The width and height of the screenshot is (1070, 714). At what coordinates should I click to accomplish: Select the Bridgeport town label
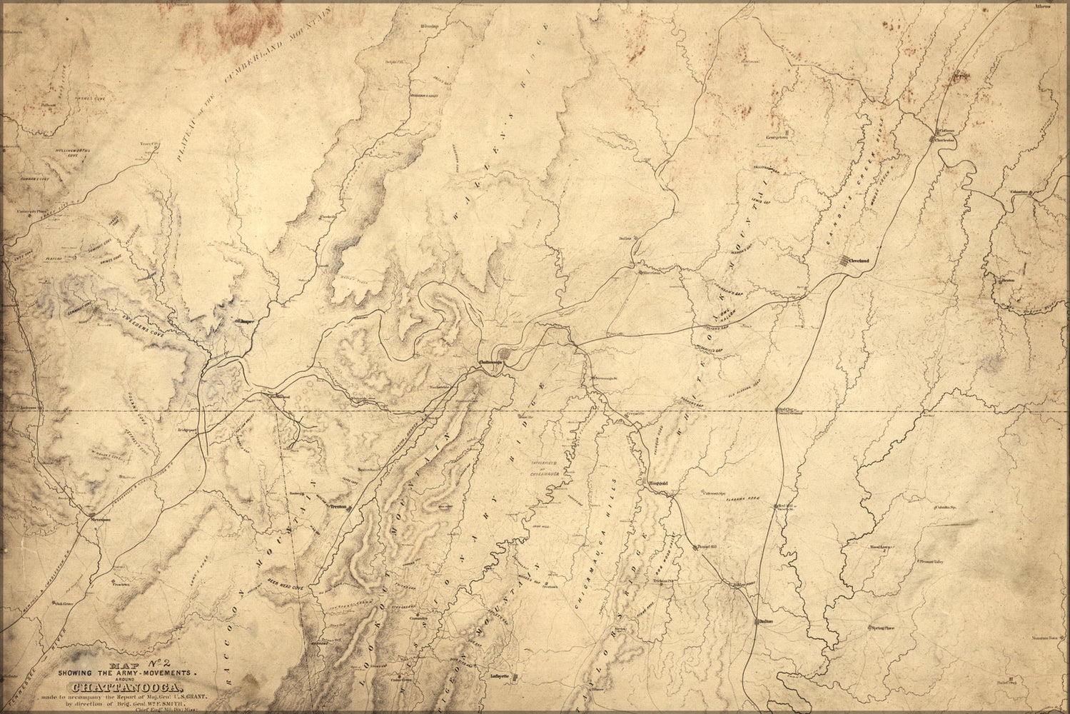[188, 431]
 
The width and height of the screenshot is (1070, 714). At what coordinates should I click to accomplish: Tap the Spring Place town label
[882, 628]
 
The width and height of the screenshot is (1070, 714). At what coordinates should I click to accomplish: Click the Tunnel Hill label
[689, 548]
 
